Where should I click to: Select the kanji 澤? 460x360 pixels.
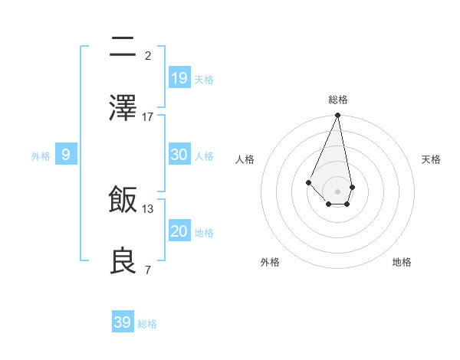pos(123,108)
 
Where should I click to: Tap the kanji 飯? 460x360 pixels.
pos(123,200)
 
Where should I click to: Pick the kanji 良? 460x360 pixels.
pos(123,261)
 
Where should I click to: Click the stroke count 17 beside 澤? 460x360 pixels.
pos(148,117)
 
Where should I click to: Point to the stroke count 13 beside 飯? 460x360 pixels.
pos(148,208)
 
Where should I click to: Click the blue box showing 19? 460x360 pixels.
pos(179,78)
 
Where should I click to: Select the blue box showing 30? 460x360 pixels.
pos(179,155)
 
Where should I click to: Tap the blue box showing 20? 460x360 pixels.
pos(179,231)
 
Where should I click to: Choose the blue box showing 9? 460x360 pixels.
pos(66,155)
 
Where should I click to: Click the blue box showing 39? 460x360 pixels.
pos(123,322)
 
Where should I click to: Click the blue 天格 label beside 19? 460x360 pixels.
pos(204,80)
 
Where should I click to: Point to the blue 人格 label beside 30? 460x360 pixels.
pos(204,156)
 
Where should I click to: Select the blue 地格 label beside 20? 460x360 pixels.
pos(204,233)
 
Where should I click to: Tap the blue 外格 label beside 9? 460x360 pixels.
pos(41,156)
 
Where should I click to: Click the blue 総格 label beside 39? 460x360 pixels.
pos(147,324)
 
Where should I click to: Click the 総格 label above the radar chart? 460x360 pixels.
pos(337,100)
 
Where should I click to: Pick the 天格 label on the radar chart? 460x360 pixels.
pos(431,159)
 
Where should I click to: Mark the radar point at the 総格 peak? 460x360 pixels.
pos(337,116)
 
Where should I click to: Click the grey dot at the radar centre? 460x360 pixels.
pos(337,191)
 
